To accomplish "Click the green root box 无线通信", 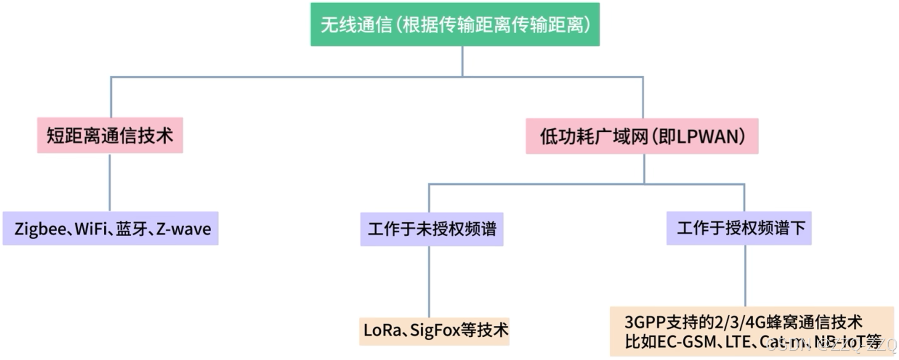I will coord(455,25).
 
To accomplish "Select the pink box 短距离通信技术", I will coord(110,136).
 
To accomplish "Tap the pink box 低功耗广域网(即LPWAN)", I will coord(642,136).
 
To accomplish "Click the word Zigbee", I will coord(40,229).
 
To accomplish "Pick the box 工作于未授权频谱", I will coord(432,229).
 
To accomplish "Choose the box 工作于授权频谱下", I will coord(739,228).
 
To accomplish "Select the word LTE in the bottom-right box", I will coord(738,342).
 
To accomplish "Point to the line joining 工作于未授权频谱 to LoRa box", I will coord(429,282).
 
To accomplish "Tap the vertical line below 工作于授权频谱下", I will coord(745,276).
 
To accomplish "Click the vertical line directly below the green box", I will coord(463,61).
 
